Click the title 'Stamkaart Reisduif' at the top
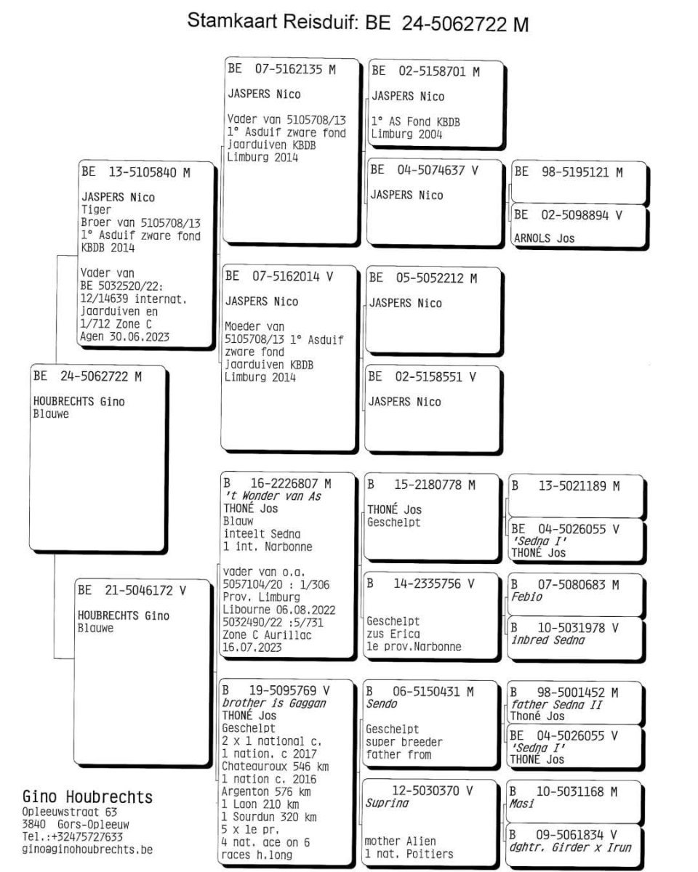(272, 21)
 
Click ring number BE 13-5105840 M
(135, 171)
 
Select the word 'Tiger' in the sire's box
(96, 209)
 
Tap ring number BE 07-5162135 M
(281, 69)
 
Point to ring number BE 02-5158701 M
(425, 71)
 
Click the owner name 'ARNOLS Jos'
(544, 238)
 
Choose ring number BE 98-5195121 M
(568, 172)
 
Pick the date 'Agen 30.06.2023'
(124, 336)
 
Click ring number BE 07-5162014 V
(279, 276)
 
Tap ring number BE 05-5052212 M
(422, 278)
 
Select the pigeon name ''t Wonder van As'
(272, 496)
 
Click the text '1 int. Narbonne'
(268, 546)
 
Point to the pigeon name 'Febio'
(526, 597)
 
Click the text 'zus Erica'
(393, 634)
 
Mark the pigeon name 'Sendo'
(382, 704)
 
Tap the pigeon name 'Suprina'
(387, 803)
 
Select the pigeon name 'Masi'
(521, 804)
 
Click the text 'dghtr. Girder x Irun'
(570, 847)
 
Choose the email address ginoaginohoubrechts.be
(87, 849)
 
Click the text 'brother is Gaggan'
(274, 703)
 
